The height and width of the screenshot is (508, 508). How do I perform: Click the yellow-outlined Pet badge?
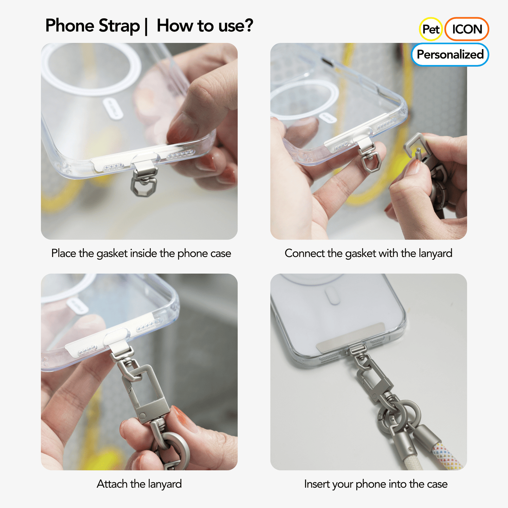coord(431,29)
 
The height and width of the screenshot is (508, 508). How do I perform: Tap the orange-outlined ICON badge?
coord(467,29)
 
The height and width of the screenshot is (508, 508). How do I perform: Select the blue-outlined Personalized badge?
coord(450,54)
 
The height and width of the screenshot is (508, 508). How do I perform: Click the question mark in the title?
coord(249,26)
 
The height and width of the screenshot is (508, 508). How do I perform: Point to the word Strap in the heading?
coord(119,26)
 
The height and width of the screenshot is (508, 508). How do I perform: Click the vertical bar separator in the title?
coord(146,26)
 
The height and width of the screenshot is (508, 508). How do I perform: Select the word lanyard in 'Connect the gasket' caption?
coord(435,253)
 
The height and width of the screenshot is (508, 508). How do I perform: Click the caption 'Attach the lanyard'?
coord(139,484)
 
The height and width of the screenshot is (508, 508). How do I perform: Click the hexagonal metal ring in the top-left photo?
coord(143,186)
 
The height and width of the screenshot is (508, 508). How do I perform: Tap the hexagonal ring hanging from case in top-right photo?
coord(372,162)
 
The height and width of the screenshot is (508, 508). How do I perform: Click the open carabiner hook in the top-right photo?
coord(417,146)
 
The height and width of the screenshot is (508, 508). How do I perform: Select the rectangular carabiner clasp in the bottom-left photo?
coord(144,390)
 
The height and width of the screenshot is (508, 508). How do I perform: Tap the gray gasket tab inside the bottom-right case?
coord(349,337)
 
